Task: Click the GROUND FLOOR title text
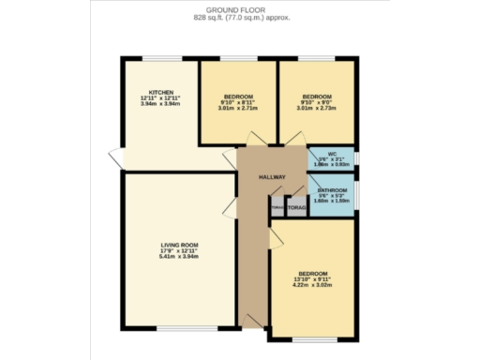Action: click(x=239, y=9)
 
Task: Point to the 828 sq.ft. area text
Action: click(x=239, y=17)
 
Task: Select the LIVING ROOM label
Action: click(x=177, y=245)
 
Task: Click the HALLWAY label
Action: click(x=273, y=178)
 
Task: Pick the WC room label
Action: click(x=332, y=154)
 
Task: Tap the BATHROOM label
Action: click(x=332, y=190)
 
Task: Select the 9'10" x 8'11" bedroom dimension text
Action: click(x=238, y=103)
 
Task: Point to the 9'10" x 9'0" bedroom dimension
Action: click(x=316, y=103)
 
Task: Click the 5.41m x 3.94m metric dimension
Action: click(x=177, y=257)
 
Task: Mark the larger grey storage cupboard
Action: click(x=296, y=207)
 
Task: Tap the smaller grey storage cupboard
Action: click(x=277, y=207)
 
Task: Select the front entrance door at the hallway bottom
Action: click(x=251, y=321)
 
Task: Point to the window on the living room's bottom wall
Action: click(x=177, y=327)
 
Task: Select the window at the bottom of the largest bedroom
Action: click(x=313, y=338)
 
